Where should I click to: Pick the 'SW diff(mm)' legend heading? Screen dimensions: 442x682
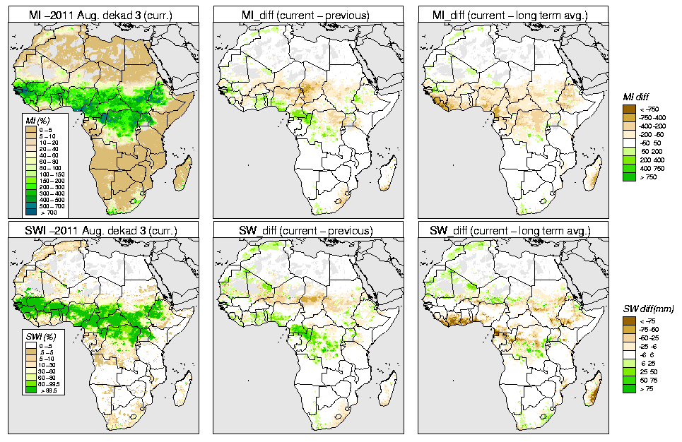pyautogui.click(x=644, y=309)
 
